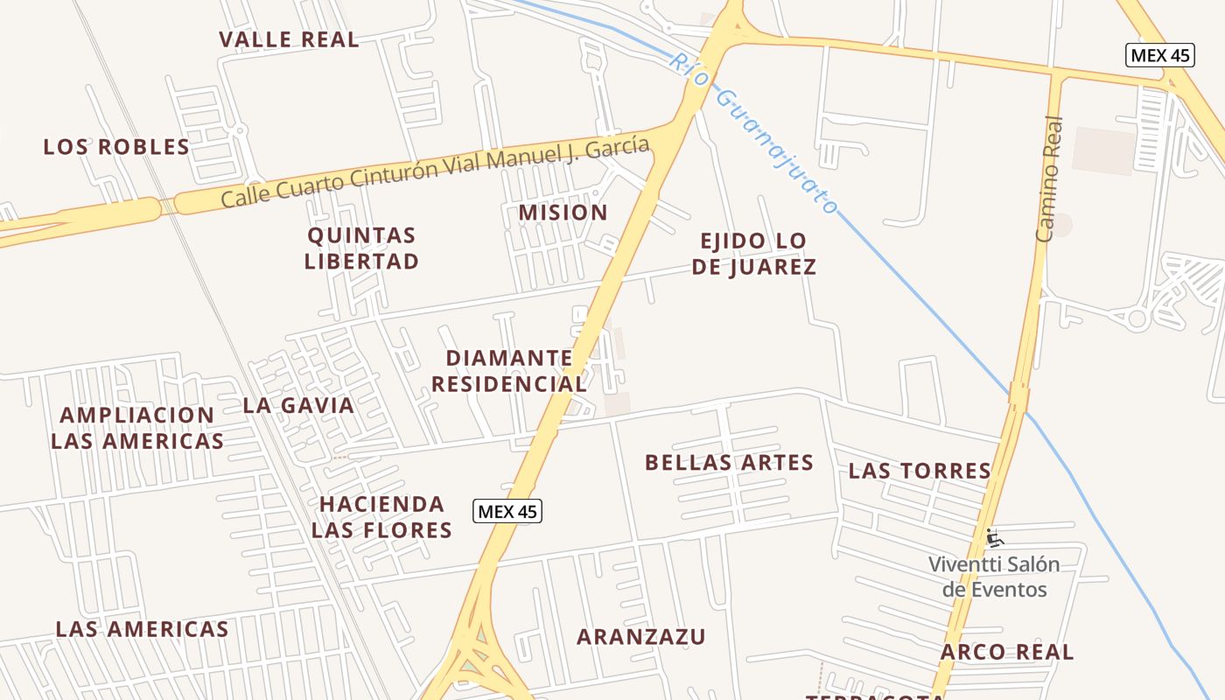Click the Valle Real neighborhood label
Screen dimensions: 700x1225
tap(289, 39)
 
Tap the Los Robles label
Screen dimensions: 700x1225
tap(116, 147)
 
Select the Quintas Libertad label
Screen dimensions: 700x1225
tap(361, 248)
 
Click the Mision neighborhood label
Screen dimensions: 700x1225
tap(563, 213)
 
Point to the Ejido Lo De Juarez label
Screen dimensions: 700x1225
tap(753, 254)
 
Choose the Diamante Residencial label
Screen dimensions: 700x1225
tap(508, 371)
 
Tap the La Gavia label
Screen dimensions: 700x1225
tap(298, 405)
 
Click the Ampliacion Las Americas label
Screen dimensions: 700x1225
tap(136, 428)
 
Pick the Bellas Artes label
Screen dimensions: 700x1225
tap(729, 463)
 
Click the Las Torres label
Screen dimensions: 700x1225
tap(919, 471)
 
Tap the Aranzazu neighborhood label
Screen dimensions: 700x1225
tap(640, 637)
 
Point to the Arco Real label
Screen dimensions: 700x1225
tap(1006, 652)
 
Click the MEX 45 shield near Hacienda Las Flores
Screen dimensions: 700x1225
tap(507, 511)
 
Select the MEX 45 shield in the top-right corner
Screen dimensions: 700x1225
tap(1159, 55)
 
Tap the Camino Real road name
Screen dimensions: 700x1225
tap(1048, 179)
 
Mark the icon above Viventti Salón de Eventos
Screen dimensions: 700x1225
tap(994, 537)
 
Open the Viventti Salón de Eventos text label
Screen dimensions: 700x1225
tap(994, 577)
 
